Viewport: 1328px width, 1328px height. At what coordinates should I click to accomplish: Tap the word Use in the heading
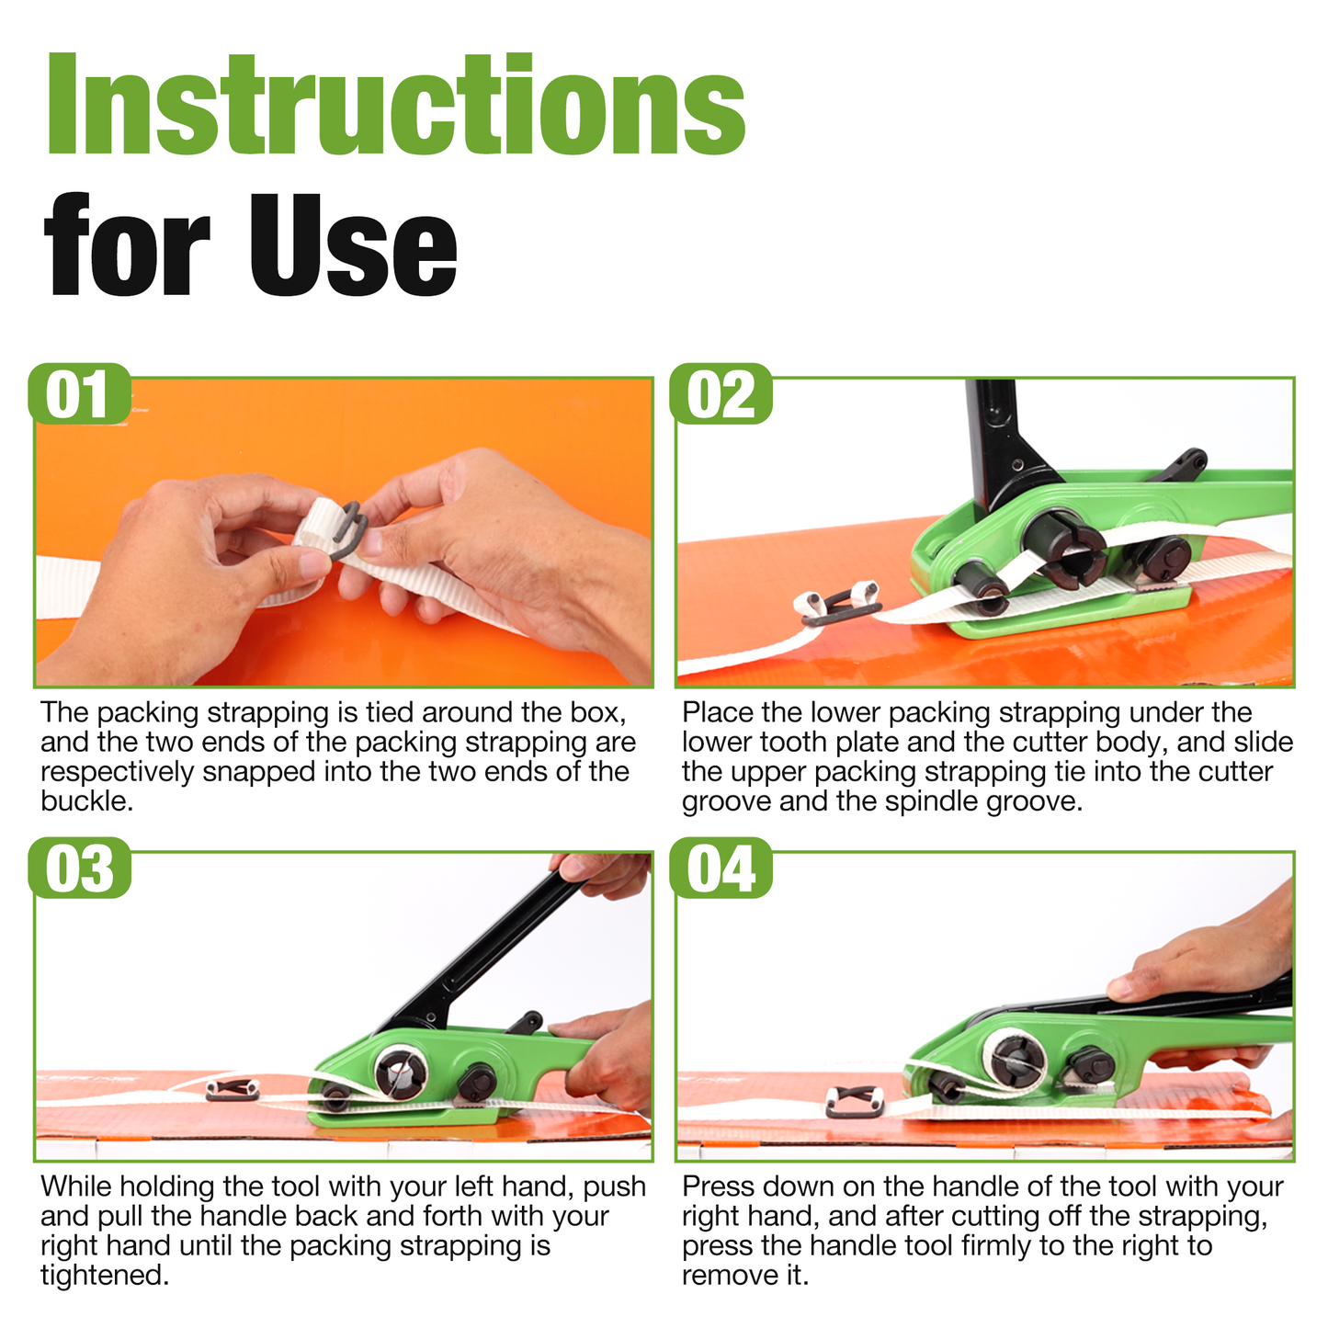[353, 245]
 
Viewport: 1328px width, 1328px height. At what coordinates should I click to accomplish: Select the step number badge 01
[79, 393]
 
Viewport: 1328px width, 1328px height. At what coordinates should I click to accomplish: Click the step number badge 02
[721, 393]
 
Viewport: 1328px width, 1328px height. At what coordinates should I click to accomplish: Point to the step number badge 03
[79, 868]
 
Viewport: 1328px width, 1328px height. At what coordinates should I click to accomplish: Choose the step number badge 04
[721, 868]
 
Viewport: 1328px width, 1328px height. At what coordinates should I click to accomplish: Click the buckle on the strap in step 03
[233, 1090]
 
